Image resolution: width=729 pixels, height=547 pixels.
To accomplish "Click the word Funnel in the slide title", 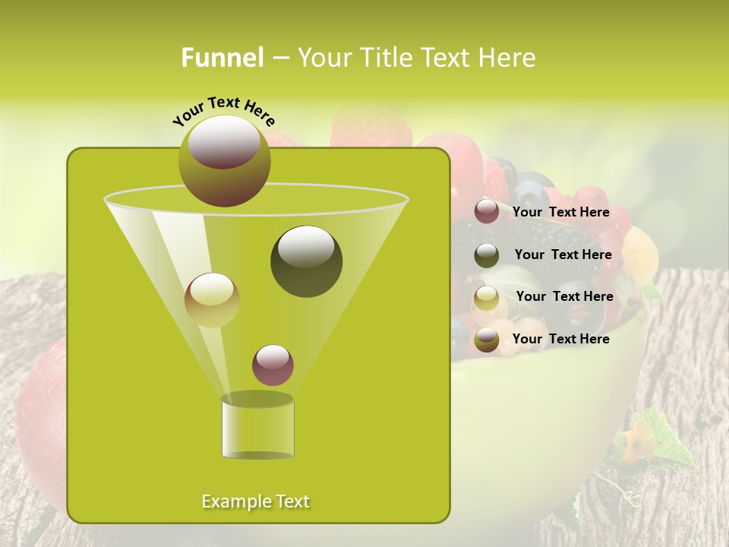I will (x=222, y=57).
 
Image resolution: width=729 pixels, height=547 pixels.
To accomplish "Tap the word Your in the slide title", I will (x=326, y=57).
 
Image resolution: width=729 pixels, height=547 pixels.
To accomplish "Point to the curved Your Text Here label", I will (x=223, y=112).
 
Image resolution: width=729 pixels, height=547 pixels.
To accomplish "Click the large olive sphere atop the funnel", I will (x=224, y=160).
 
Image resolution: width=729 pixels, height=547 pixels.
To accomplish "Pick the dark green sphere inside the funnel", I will (x=306, y=261).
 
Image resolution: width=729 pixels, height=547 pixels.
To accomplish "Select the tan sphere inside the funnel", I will (x=212, y=299).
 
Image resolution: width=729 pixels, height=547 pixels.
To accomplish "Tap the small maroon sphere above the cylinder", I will (x=273, y=365).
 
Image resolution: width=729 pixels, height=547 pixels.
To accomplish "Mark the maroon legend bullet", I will (x=487, y=211).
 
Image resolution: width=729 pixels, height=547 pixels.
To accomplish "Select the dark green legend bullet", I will (x=487, y=255).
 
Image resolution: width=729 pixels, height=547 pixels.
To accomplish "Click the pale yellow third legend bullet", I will (x=487, y=298).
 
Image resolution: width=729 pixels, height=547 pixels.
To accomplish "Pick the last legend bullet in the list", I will (x=487, y=340).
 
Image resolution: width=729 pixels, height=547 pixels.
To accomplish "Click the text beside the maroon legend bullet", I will (x=560, y=213).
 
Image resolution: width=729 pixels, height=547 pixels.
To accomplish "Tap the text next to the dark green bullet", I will (x=563, y=255).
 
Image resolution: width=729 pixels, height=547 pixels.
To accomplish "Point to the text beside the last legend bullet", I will (x=560, y=339).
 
